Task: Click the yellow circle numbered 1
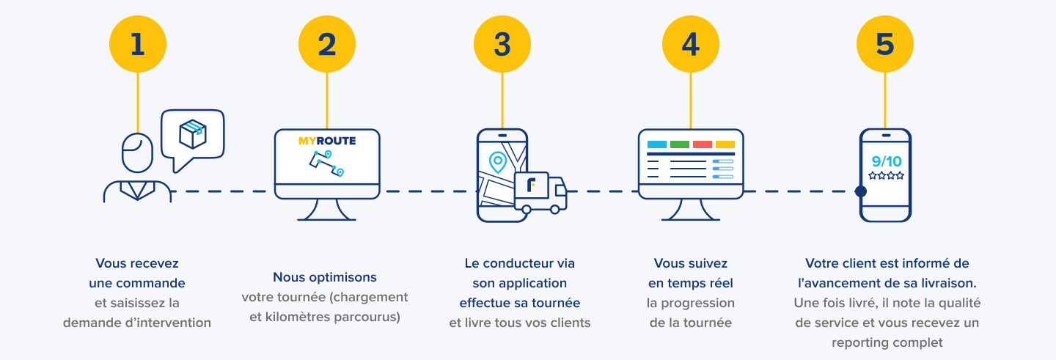(x=138, y=44)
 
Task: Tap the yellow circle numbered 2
(x=327, y=44)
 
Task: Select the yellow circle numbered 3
(x=502, y=44)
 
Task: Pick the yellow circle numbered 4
(x=691, y=44)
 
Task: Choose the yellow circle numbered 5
(x=885, y=44)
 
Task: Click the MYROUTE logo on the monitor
(x=327, y=141)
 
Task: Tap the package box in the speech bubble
(x=193, y=134)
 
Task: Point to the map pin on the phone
(x=498, y=162)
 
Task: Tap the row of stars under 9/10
(x=886, y=176)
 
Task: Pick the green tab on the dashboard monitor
(x=680, y=144)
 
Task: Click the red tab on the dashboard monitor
(x=703, y=144)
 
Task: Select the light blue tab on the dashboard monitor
(x=657, y=144)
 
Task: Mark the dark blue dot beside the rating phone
(x=861, y=191)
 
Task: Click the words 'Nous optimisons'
(x=325, y=277)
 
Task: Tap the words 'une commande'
(x=137, y=283)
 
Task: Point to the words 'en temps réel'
(x=691, y=283)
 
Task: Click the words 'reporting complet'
(x=887, y=342)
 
